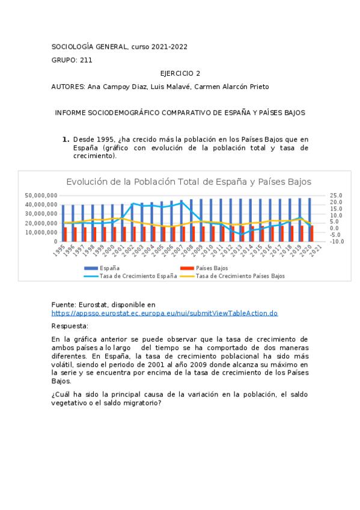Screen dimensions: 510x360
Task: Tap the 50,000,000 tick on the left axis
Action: [x=41, y=195]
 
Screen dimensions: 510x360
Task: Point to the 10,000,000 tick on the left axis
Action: [x=41, y=232]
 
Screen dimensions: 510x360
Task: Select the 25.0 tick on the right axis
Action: [x=336, y=195]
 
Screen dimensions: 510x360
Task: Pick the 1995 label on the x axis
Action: [x=58, y=250]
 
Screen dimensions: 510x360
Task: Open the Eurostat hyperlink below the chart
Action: [x=164, y=313]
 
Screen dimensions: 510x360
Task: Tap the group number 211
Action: [x=86, y=60]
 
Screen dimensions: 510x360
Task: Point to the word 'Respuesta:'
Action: [x=70, y=326]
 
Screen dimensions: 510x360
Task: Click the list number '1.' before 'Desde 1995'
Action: [x=66, y=140]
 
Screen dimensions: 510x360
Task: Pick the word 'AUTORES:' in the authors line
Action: [x=68, y=87]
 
